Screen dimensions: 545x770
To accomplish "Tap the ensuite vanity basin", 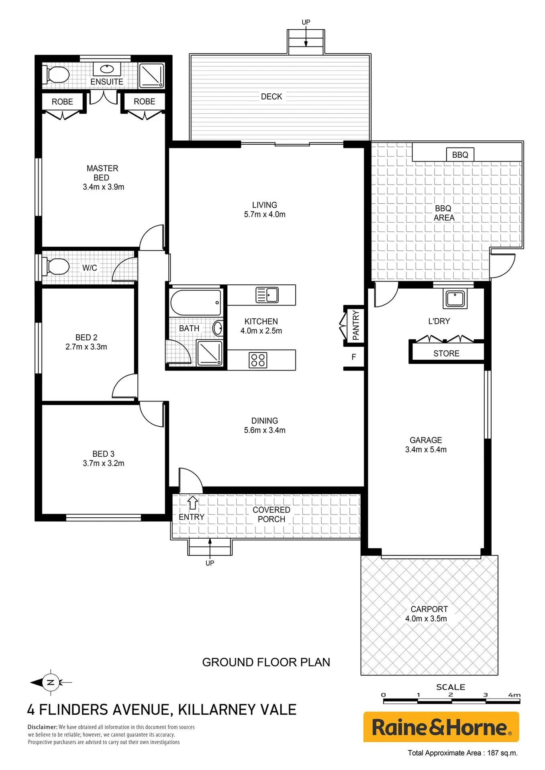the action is (x=107, y=69).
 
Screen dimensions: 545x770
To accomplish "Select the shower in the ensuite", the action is (x=151, y=75).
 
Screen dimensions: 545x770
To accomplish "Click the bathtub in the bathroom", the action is (x=196, y=302).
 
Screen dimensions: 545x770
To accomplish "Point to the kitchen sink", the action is (x=267, y=295).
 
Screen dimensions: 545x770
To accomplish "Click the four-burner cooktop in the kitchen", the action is (x=257, y=360).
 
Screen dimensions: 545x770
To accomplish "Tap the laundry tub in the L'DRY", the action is (x=455, y=299).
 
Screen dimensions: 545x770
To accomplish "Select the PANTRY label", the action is (x=356, y=325).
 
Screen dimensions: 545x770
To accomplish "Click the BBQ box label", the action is (x=460, y=155).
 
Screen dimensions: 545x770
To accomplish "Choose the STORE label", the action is (x=446, y=353).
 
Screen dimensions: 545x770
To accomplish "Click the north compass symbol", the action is (x=51, y=682).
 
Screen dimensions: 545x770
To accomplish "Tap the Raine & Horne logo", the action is (x=441, y=727).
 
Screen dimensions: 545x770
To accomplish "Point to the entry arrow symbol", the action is (x=193, y=503).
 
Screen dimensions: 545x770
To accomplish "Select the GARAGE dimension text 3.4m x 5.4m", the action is (x=426, y=450).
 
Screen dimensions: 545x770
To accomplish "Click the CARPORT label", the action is (x=429, y=609).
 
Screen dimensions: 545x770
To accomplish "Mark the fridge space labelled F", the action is (x=354, y=357).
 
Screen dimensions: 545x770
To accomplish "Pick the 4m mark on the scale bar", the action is (x=514, y=695).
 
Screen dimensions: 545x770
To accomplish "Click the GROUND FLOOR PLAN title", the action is (x=266, y=662).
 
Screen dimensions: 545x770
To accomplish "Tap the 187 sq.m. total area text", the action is (x=502, y=753).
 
